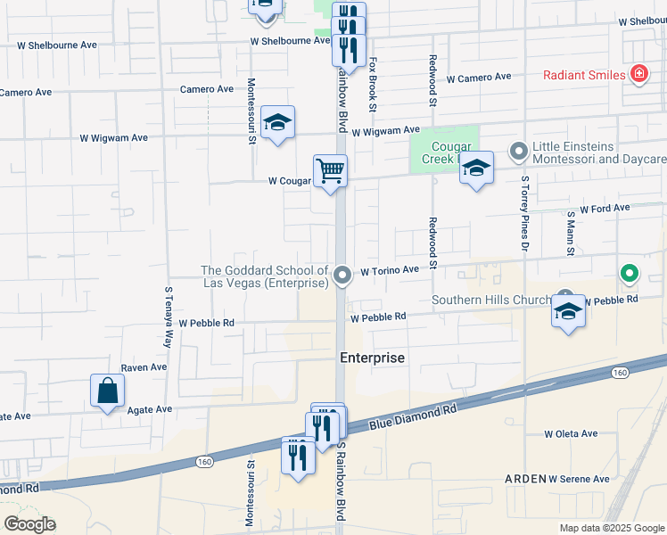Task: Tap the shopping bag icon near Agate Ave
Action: click(x=107, y=391)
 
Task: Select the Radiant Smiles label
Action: click(x=584, y=75)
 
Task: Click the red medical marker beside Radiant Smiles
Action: click(x=638, y=75)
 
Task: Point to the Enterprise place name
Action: click(x=373, y=358)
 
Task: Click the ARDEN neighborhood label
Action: click(x=525, y=479)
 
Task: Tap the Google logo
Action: click(x=29, y=524)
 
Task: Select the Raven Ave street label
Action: click(x=144, y=366)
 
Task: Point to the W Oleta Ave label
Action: click(x=571, y=434)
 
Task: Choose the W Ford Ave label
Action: click(x=605, y=208)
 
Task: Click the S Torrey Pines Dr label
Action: click(x=524, y=215)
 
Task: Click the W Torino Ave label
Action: click(x=390, y=269)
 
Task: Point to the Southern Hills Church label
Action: click(x=492, y=300)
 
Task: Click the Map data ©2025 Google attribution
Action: click(x=612, y=528)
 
